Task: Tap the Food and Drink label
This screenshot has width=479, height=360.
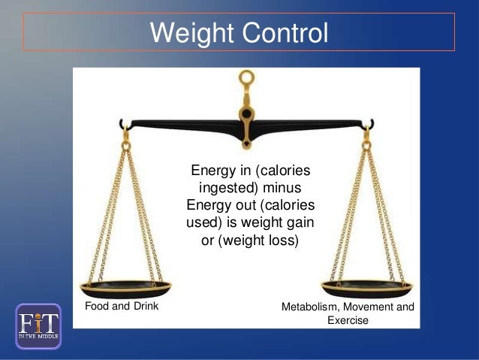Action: tap(116, 307)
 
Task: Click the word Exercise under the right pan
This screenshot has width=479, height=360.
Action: tap(348, 321)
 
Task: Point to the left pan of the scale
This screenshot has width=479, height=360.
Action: tap(125, 286)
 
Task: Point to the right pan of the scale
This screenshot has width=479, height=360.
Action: tap(366, 286)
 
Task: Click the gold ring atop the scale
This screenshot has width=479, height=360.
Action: tap(246, 77)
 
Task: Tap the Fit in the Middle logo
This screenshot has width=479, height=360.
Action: tap(38, 325)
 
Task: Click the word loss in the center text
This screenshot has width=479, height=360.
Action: tap(282, 241)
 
